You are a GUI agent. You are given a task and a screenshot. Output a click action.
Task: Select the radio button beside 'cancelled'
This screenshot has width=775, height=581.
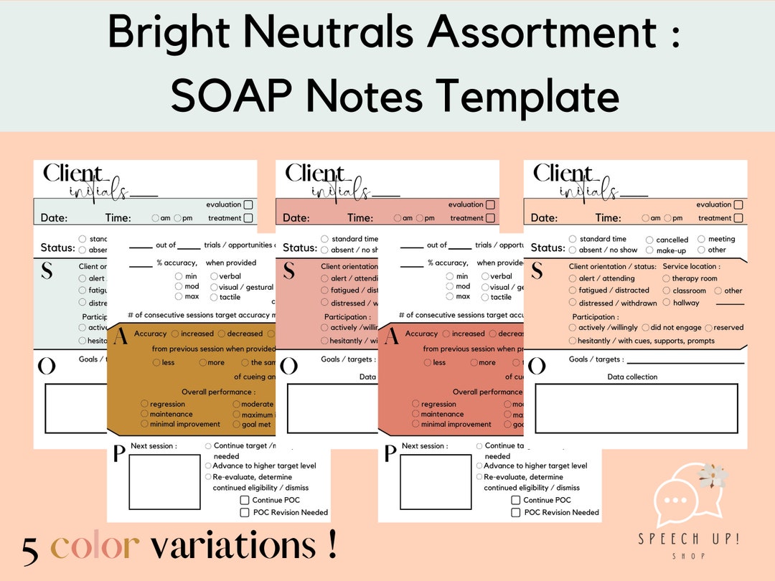click(x=649, y=240)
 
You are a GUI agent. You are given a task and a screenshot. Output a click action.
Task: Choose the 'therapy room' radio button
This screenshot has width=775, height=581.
click(x=666, y=278)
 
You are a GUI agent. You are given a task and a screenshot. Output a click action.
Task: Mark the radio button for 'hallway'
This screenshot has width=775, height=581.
click(x=666, y=303)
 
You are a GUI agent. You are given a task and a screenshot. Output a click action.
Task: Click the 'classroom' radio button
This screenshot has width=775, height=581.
click(x=666, y=290)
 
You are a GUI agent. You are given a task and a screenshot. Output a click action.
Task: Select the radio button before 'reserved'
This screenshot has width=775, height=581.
click(x=708, y=328)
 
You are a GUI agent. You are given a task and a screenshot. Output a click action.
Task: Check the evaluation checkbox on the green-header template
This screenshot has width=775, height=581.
click(x=248, y=204)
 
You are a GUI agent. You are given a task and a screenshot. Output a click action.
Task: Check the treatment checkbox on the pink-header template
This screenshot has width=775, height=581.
click(x=490, y=218)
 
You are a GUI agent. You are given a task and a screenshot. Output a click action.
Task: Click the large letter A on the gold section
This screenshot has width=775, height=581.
click(x=121, y=335)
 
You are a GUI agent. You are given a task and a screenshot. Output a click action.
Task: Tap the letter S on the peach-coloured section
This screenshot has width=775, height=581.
click(x=537, y=270)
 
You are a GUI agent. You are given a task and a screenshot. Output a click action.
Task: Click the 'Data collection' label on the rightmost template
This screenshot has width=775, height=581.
click(x=632, y=377)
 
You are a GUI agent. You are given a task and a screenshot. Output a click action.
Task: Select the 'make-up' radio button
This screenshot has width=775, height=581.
click(x=649, y=250)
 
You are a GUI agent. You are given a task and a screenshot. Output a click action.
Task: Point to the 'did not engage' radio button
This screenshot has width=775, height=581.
click(x=645, y=328)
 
